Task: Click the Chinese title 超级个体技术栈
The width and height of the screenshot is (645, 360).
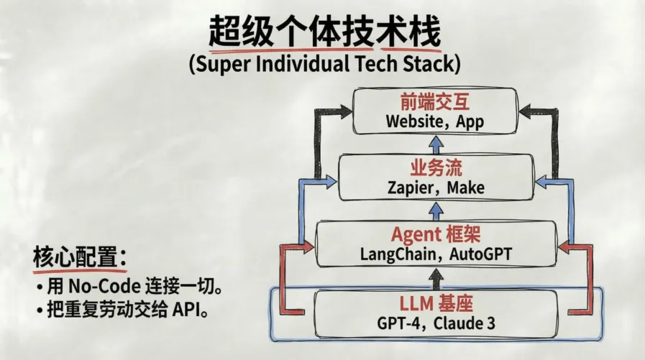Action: point(324,32)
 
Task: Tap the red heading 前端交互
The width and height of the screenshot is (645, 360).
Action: point(434,103)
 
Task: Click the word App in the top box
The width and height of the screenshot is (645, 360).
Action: point(469,121)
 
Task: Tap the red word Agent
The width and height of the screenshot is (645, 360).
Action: point(415,234)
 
